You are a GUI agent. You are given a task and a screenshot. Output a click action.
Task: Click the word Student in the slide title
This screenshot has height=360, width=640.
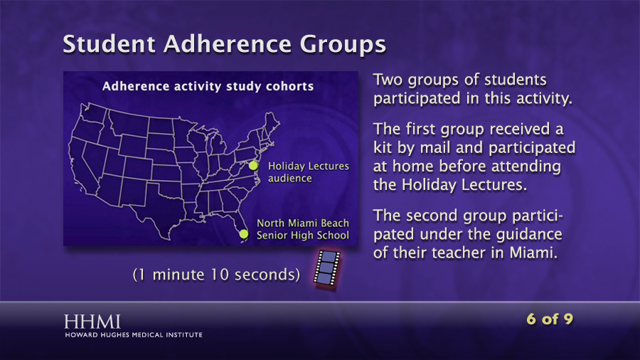point(109,43)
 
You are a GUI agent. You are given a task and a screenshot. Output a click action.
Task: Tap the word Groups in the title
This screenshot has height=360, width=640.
point(343,45)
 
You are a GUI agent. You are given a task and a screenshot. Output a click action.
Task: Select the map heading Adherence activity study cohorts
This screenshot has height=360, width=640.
point(208,87)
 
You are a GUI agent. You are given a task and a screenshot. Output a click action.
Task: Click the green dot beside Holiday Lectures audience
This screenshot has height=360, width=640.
point(253,165)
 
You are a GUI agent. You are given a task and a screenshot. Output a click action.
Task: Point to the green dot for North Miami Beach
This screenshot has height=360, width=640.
point(244,234)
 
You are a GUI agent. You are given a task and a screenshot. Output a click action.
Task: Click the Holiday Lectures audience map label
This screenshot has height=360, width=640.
point(309,172)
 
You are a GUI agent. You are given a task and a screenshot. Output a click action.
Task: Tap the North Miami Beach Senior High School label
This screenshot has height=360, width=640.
point(303,229)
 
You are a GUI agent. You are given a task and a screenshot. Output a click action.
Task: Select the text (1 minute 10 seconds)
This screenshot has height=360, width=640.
point(216,275)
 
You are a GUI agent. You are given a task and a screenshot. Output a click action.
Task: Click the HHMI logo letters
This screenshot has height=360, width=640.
point(92,322)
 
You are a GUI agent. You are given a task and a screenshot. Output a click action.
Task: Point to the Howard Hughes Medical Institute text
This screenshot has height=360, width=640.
point(134,335)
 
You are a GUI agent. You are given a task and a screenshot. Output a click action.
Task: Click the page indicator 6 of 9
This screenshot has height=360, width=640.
point(550,319)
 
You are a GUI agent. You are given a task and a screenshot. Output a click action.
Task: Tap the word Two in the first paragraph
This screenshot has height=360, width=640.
point(388,80)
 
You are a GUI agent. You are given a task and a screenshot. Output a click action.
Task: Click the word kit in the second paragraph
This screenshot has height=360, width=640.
point(383,148)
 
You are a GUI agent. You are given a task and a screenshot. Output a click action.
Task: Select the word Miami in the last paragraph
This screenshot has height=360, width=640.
point(533,253)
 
